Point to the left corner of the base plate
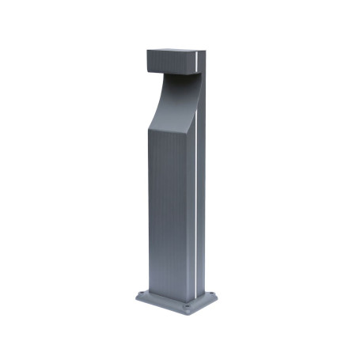click(x=135, y=300)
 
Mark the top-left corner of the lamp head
click(x=147, y=51)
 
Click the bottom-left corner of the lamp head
click(x=147, y=67)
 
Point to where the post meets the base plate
click(x=169, y=293)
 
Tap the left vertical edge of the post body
click(x=148, y=214)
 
